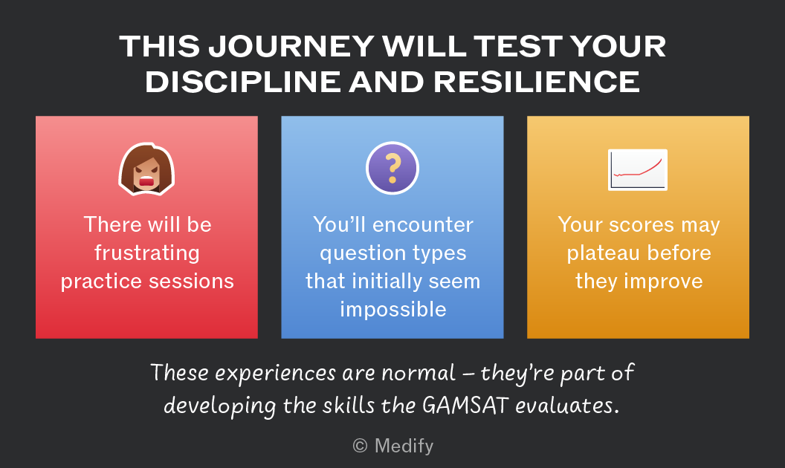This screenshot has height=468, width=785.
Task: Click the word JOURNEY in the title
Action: (x=291, y=46)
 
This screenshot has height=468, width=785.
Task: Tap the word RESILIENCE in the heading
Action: (x=536, y=82)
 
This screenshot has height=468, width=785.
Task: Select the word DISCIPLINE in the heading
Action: (x=243, y=82)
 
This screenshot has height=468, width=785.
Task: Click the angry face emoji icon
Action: (x=146, y=169)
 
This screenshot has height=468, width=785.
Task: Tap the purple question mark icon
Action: (x=392, y=168)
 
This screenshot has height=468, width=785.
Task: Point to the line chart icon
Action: (x=638, y=169)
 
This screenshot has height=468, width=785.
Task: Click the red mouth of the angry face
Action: (x=146, y=181)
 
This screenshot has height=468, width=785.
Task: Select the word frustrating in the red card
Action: (x=147, y=253)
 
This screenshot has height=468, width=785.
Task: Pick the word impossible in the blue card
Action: (x=393, y=310)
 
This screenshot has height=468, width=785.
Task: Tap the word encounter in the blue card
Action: (x=422, y=225)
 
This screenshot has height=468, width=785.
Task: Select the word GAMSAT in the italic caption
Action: (x=465, y=405)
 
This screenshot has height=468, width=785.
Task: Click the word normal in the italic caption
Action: (x=419, y=373)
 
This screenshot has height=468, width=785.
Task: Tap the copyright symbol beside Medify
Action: (x=360, y=446)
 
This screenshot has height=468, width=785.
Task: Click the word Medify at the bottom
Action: (x=404, y=446)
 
